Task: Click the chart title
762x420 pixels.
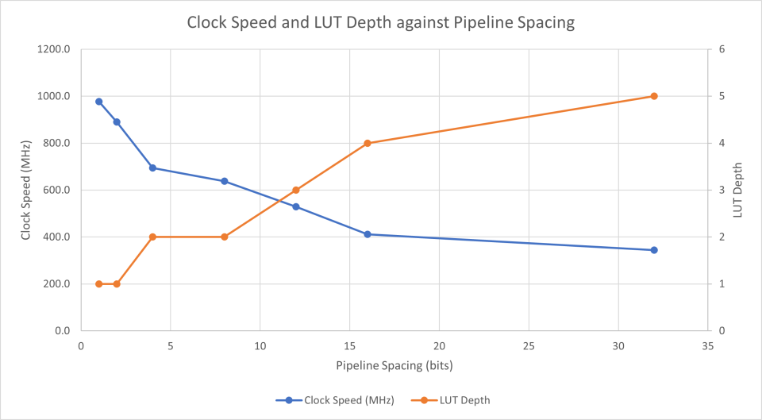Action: (380, 22)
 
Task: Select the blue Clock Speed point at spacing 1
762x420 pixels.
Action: (99, 102)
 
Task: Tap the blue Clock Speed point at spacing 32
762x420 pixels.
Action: (654, 250)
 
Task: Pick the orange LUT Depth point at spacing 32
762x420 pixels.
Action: (654, 96)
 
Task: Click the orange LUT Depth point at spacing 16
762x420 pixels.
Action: (368, 143)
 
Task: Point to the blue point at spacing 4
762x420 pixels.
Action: (152, 168)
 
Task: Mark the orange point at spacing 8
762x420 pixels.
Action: (225, 237)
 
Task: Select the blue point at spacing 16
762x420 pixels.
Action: (368, 234)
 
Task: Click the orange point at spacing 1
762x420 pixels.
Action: (99, 283)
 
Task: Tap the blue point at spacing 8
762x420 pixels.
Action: (225, 181)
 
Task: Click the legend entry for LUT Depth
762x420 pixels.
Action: (464, 400)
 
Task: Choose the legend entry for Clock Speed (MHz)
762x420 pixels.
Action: (342, 400)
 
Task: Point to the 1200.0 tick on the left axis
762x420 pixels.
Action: (55, 49)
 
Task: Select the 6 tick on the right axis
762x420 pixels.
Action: (722, 49)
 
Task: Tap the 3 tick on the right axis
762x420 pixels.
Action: (722, 190)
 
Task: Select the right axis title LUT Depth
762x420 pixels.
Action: (738, 190)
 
